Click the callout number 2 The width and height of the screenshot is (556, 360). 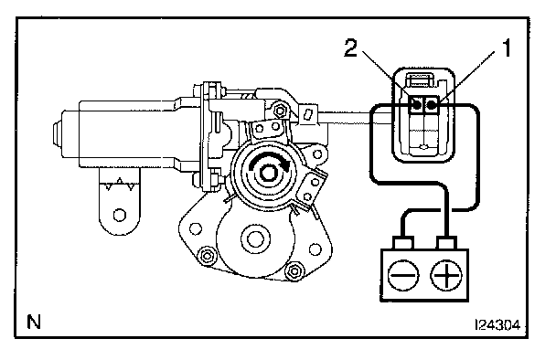pos(350,48)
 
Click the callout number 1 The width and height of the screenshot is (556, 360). pos(507,48)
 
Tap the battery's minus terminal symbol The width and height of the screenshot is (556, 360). pos(403,275)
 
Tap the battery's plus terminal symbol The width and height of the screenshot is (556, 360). pos(446,275)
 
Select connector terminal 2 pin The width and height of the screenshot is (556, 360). pos(416,105)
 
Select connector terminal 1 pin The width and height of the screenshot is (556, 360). pos(432,105)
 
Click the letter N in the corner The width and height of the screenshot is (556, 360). pos(34,323)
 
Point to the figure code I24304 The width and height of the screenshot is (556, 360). pos(497,325)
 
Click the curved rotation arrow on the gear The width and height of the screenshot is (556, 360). pos(270,160)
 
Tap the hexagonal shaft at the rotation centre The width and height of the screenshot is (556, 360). pos(267,174)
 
